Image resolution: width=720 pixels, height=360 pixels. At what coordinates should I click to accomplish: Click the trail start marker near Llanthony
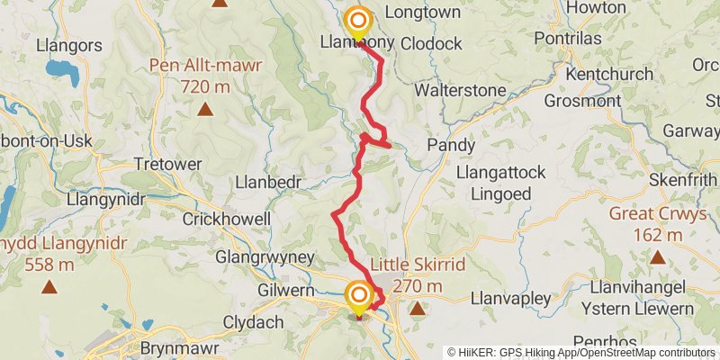[358, 21]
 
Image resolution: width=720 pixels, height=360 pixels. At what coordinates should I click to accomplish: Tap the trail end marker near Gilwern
[358, 295]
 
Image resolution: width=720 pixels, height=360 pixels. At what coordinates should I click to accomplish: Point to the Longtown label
[422, 13]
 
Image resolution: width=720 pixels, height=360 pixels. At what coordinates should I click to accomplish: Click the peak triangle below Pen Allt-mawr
[205, 110]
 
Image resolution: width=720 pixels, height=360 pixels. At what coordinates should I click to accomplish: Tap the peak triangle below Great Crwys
[657, 257]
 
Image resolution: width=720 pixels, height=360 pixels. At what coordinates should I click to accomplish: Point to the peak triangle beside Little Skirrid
[418, 309]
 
